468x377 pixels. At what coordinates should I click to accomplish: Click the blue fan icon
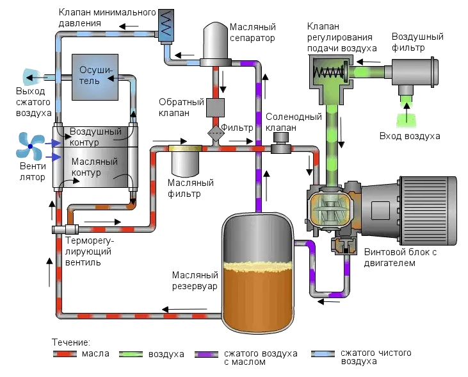(30, 146)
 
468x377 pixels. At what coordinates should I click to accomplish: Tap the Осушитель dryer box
(95, 76)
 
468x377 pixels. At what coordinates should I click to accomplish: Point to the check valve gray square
(214, 108)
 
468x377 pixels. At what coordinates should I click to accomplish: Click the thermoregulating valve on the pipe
(64, 229)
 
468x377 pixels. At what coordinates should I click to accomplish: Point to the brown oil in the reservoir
(256, 295)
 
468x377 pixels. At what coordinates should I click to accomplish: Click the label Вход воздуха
(410, 136)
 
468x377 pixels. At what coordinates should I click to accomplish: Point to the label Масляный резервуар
(195, 280)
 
